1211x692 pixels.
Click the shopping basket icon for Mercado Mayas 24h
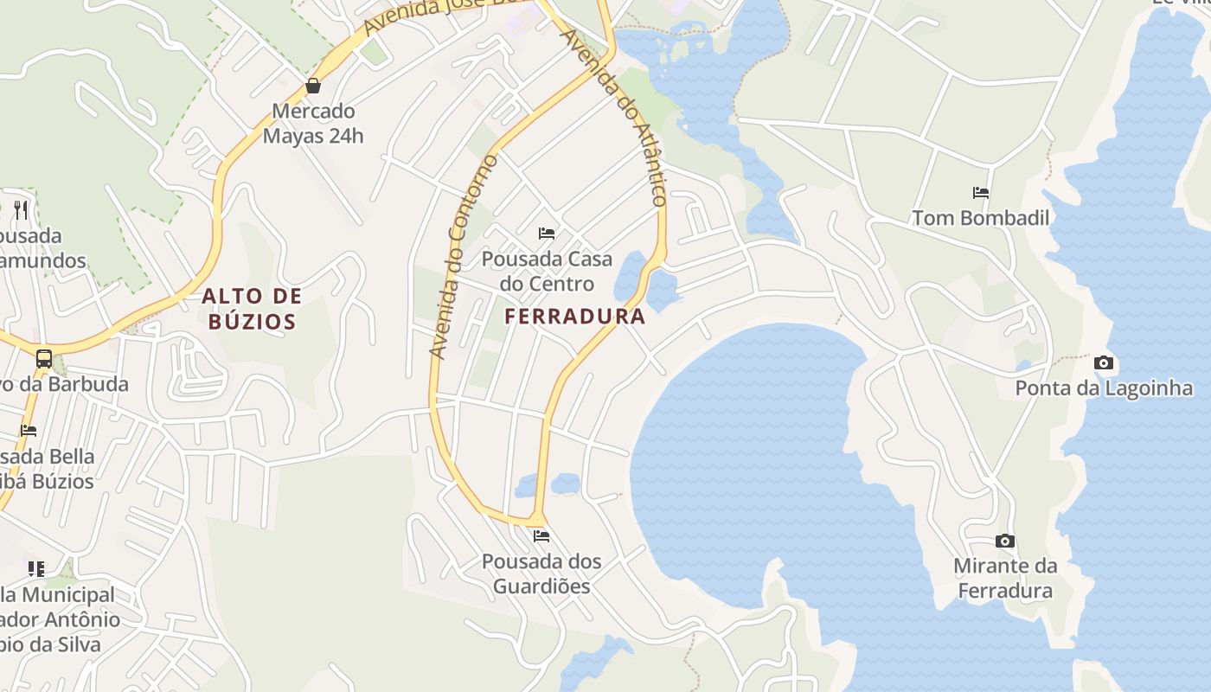coord(313,86)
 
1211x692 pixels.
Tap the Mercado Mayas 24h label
coord(313,124)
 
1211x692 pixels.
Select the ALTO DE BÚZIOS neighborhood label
coord(252,309)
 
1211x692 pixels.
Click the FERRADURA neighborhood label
coord(575,317)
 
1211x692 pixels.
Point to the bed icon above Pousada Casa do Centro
coord(547,233)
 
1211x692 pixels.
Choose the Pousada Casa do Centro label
coord(547,271)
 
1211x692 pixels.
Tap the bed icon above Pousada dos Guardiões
coord(541,536)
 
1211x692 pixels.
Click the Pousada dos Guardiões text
coord(541,573)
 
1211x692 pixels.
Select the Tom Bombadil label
coord(981,218)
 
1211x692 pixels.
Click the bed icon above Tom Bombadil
coord(981,193)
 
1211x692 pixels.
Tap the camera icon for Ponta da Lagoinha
coord(1104,362)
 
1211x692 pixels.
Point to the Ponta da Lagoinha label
coord(1104,388)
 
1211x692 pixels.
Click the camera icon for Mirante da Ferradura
coord(1005,541)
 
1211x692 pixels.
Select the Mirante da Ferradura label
coord(1005,579)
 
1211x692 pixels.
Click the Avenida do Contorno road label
coord(465,256)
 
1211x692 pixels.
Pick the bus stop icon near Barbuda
coord(43,358)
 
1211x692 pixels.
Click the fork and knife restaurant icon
coord(21,209)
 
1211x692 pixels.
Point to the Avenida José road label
coord(432,16)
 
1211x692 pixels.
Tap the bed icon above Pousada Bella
coord(29,431)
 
